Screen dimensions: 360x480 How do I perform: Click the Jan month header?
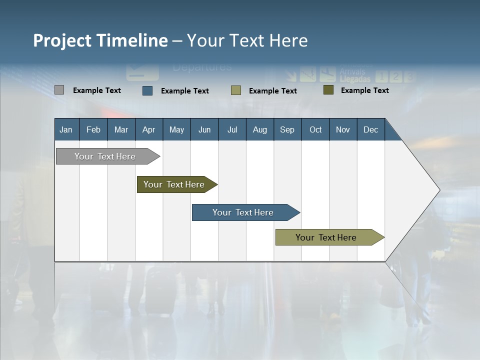pos(66,130)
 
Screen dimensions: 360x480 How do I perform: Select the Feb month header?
pos(93,130)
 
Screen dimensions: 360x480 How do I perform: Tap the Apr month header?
pos(148,130)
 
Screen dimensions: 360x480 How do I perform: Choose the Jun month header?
pos(204,130)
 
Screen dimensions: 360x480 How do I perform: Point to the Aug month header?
pos(259,130)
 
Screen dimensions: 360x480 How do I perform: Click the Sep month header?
pos(287,130)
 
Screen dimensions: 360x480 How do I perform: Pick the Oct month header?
pos(315,130)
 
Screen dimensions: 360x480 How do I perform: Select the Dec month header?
pos(370,130)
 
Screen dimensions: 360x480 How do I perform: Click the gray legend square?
pos(59,90)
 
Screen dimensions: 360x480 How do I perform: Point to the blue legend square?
pos(147,90)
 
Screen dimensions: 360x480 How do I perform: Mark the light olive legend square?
pos(236,90)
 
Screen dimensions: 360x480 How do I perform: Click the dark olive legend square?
pos(328,90)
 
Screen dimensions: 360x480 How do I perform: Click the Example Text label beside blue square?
pos(185,91)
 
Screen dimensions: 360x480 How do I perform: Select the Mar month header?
pos(121,130)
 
